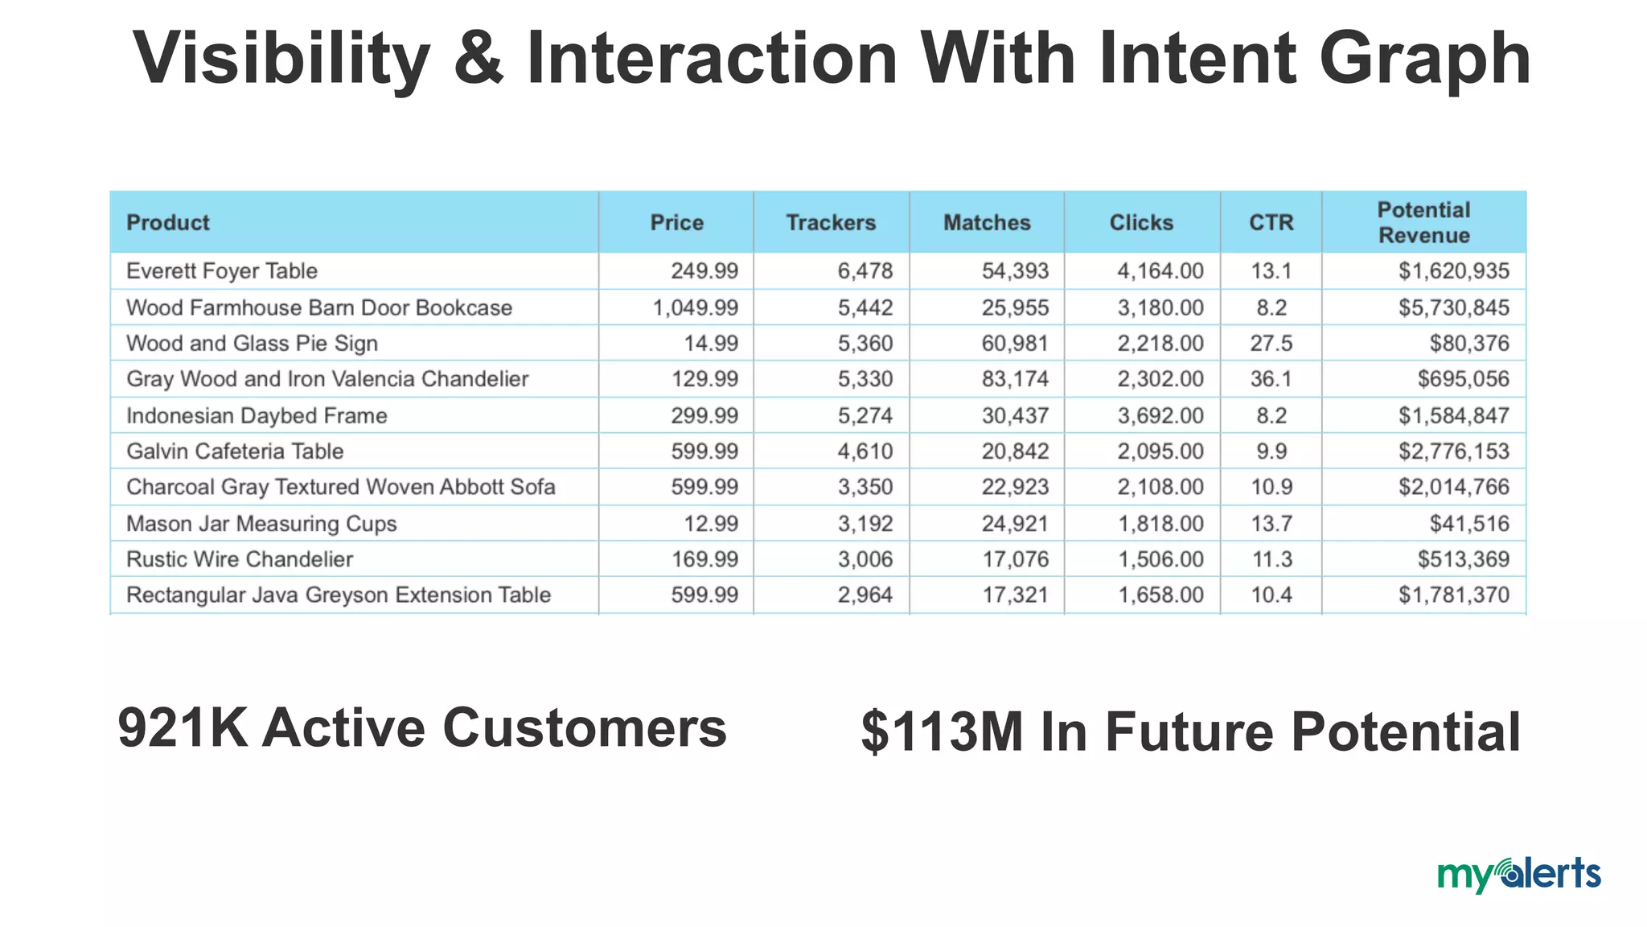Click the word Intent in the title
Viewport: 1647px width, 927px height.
pos(1196,58)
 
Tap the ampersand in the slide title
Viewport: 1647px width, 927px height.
pos(478,58)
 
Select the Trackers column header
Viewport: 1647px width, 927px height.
pos(831,222)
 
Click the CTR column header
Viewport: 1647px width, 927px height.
pos(1271,222)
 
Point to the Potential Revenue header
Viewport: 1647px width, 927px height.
pos(1423,222)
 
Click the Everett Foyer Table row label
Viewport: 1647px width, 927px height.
pos(222,271)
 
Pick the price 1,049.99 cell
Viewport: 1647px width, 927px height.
pos(695,307)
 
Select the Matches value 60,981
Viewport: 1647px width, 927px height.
pos(1015,344)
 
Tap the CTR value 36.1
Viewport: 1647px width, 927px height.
pos(1271,379)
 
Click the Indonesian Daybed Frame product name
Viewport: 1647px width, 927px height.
pos(257,415)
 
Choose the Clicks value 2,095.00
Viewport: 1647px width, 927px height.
pos(1160,451)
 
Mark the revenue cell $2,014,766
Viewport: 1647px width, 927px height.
pos(1453,487)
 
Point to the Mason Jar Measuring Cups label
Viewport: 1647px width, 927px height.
pos(261,524)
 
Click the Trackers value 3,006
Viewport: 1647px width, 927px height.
pos(865,559)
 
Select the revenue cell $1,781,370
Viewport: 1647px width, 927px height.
pos(1453,595)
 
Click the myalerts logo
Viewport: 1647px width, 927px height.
pos(1518,875)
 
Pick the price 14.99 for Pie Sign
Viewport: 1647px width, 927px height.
pos(711,344)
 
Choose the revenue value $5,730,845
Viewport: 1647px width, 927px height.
pos(1453,307)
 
